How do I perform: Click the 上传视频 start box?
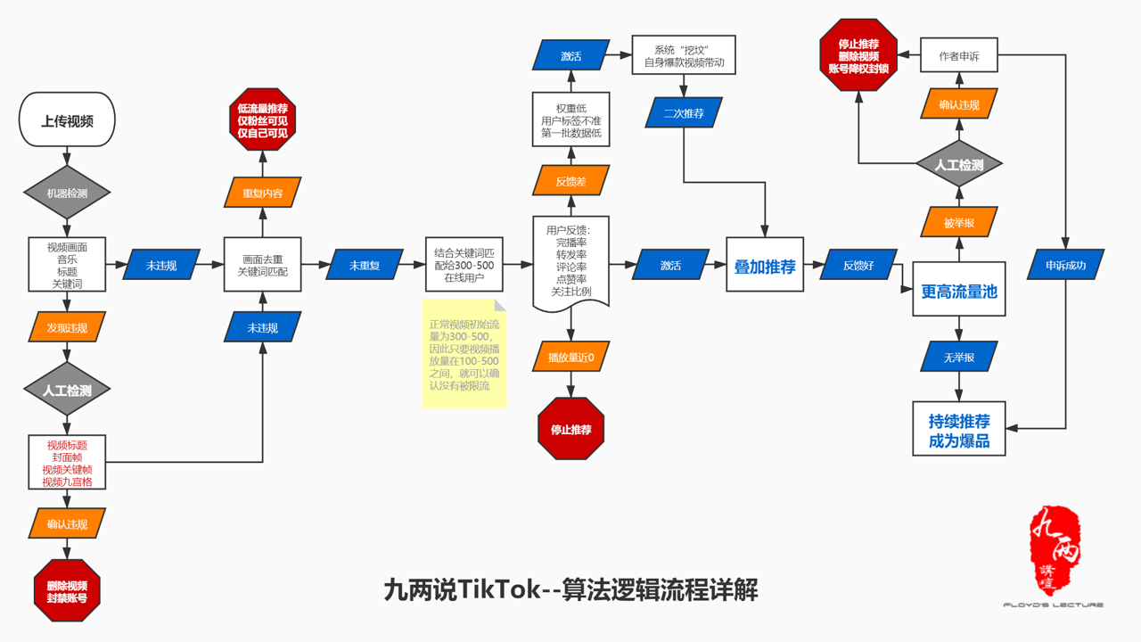point(67,120)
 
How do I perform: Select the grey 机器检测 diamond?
point(67,193)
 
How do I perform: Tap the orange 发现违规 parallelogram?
point(67,328)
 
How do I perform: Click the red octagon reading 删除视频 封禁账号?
point(67,592)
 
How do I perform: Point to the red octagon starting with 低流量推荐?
point(262,119)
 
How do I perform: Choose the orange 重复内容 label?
point(262,193)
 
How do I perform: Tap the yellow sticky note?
point(464,354)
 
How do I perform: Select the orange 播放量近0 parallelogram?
point(570,358)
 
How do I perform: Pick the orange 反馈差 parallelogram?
point(570,181)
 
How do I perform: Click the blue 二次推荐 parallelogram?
point(684,113)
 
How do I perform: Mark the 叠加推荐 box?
point(764,266)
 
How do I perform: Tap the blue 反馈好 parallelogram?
point(859,265)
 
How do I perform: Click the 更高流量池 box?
point(958,289)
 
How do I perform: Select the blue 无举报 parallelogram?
point(958,358)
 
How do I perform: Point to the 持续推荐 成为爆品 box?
point(958,429)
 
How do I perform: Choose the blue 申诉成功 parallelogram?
point(1066,265)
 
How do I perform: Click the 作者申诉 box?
point(958,55)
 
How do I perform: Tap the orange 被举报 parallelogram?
point(958,222)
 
